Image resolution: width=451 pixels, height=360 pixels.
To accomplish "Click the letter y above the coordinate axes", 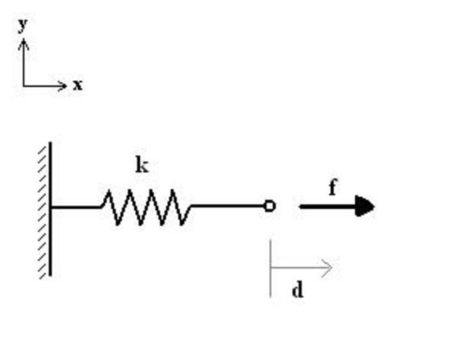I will [x=22, y=25].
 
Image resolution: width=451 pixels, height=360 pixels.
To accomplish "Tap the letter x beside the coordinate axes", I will [x=77, y=86].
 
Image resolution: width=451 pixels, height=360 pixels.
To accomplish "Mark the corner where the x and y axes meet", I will [x=23, y=86].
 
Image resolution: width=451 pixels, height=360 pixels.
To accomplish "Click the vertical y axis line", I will [x=23, y=65].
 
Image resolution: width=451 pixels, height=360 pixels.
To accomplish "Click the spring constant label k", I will [x=142, y=166].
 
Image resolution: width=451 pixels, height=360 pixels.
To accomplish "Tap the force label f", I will [x=332, y=188].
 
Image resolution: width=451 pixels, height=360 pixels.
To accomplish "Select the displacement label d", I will [x=297, y=290].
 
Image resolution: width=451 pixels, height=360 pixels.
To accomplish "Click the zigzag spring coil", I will [x=145, y=207].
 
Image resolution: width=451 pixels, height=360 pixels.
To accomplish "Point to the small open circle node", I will [x=270, y=206].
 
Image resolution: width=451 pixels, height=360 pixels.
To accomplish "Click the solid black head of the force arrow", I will [x=364, y=207].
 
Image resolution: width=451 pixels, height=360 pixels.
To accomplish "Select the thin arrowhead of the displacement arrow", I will [x=327, y=267].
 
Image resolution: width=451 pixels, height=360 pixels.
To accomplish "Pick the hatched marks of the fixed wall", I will [x=44, y=211].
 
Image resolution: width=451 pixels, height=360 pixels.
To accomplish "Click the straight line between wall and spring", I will [x=75, y=207].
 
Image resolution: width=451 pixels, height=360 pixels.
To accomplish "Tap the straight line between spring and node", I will [x=228, y=206].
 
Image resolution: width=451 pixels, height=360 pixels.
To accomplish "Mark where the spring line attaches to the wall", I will [x=51, y=207].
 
